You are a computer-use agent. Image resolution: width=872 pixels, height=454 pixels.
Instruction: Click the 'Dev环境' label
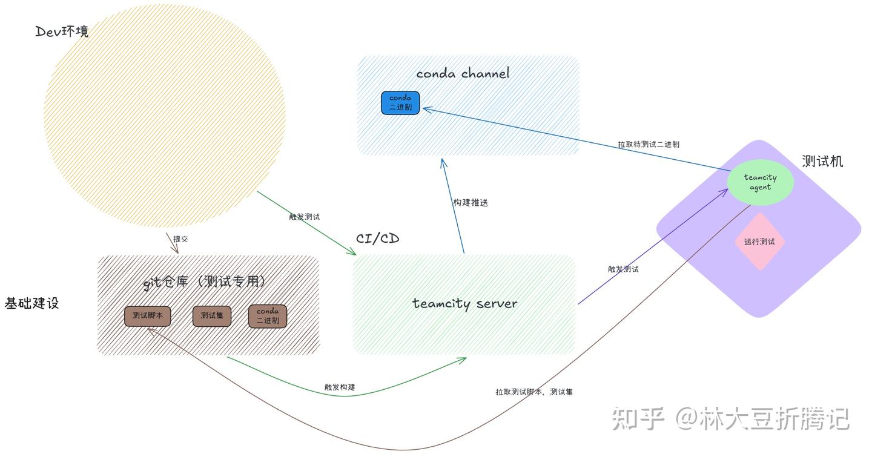pos(62,31)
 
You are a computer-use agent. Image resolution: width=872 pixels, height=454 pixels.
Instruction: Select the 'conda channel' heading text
pos(463,74)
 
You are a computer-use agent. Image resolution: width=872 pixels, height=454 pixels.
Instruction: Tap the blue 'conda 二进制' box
pos(400,102)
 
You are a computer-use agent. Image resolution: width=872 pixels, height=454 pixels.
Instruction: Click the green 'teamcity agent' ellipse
pos(760,182)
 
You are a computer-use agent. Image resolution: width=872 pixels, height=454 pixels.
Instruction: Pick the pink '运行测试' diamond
pos(759,242)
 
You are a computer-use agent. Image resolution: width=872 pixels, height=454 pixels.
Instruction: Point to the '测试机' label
pos(822,161)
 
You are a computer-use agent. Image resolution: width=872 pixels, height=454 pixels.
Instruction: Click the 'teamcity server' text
pos(464,303)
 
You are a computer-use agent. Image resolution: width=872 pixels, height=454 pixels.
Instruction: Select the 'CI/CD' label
pos(377,239)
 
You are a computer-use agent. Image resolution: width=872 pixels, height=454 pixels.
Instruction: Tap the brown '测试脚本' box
pos(147,316)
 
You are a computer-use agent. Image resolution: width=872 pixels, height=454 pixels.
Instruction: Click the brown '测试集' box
pos(211,316)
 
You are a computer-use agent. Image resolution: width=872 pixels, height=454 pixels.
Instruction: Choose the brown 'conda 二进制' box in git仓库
pos(267,316)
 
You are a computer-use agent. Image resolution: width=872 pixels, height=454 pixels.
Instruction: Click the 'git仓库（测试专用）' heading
pos(205,281)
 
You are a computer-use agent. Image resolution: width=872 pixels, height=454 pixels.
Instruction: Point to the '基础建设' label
pos(31,303)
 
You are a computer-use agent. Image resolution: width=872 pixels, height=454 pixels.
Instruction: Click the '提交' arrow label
pos(180,239)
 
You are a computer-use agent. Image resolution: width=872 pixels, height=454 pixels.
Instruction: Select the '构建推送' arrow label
pos(471,203)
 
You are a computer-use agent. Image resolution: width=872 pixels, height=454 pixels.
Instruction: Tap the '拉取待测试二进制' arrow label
pos(648,145)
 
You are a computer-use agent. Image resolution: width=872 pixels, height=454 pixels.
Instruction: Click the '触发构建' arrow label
pos(340,387)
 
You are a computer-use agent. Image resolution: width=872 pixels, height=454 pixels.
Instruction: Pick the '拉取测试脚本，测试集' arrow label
pos(533,392)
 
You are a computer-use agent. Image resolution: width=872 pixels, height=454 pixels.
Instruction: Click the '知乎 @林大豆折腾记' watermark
pos(730,419)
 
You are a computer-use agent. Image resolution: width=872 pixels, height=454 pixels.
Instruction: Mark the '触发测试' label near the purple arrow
pos(623,269)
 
